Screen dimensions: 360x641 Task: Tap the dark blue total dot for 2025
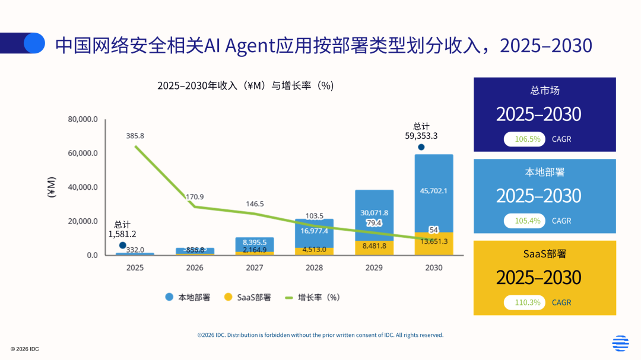(122, 245)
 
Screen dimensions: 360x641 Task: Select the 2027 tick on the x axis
(254, 267)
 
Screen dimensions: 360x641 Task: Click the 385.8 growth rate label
(135, 136)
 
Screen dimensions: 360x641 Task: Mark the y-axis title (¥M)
(52, 187)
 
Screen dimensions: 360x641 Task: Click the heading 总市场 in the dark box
(544, 91)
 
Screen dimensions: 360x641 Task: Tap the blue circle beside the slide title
(34, 43)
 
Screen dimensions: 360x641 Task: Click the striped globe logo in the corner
(620, 343)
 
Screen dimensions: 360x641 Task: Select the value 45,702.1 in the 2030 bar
(433, 191)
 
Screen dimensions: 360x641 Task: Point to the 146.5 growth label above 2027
(255, 204)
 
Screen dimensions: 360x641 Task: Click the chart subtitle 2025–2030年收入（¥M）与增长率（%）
(245, 85)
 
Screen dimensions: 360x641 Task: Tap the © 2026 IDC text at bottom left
(25, 349)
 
